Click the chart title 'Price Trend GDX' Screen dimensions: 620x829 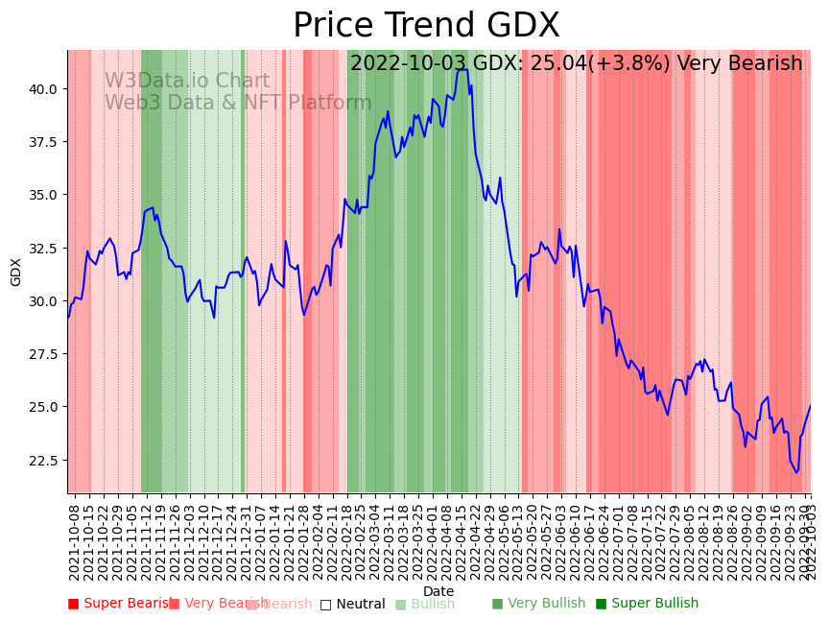[x=426, y=26]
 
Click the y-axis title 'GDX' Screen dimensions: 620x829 [x=16, y=272]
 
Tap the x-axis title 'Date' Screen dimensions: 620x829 [x=438, y=591]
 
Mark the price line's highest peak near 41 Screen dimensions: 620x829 [x=462, y=69]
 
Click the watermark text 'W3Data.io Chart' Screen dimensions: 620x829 [x=187, y=81]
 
